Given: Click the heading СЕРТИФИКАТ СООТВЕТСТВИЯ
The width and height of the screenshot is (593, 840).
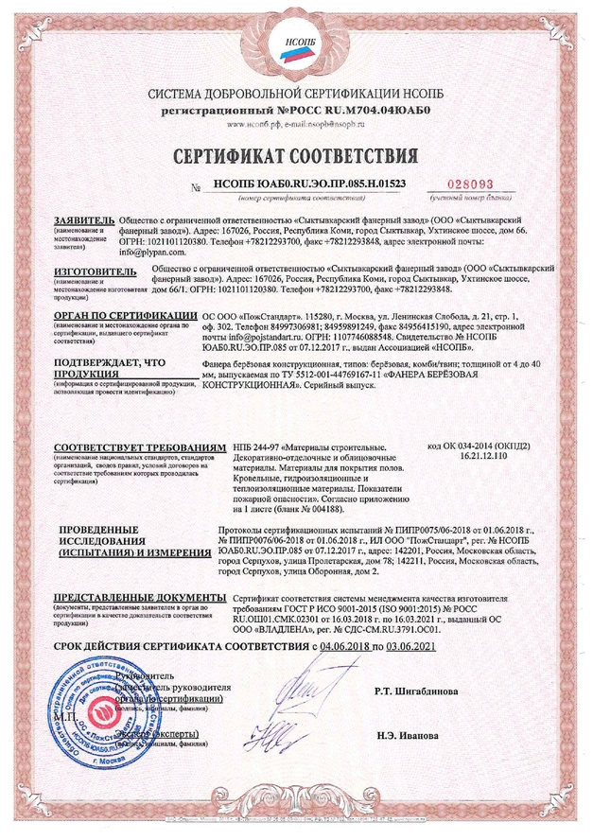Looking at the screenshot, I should pyautogui.click(x=296, y=155).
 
